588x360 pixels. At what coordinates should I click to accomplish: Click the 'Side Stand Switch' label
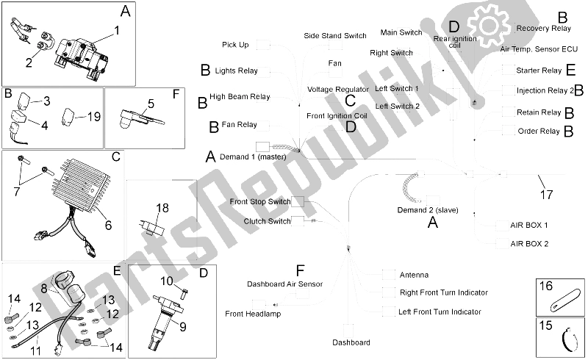(x=334, y=35)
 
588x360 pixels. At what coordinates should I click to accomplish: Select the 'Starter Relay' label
(x=538, y=71)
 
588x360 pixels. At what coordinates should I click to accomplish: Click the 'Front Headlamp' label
(x=253, y=314)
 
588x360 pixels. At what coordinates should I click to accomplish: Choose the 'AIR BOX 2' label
(x=528, y=243)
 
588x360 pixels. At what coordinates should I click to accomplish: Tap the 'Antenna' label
(x=414, y=276)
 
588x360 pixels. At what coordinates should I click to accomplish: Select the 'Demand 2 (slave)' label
(x=428, y=210)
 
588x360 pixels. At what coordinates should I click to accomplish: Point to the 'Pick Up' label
(x=234, y=45)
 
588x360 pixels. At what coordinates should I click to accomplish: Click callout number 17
(x=545, y=195)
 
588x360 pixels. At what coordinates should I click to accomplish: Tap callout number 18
(x=162, y=208)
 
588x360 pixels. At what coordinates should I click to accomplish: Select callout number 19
(x=93, y=117)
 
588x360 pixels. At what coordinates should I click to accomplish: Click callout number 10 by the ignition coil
(x=166, y=281)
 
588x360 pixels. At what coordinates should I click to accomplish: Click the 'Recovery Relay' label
(x=543, y=28)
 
